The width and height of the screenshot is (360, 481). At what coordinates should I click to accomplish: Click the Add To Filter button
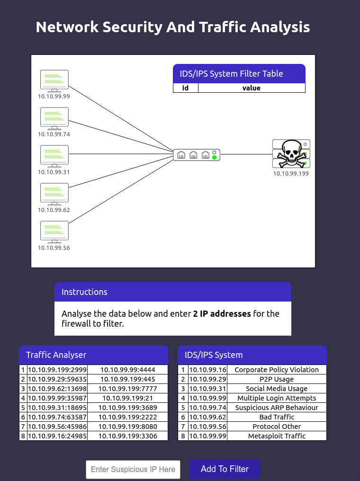[225, 469]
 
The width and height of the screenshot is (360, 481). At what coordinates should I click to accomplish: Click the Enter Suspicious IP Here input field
[133, 470]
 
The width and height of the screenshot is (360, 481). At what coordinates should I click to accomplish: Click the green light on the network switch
[215, 157]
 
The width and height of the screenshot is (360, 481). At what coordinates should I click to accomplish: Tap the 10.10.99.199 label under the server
[291, 174]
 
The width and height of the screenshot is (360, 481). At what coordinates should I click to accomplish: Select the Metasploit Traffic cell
[277, 436]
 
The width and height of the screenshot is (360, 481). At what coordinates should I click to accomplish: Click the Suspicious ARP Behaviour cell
[277, 408]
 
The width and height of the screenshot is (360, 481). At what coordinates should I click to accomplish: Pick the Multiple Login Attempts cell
[277, 398]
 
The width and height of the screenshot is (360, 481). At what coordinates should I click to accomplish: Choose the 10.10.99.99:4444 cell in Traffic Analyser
[127, 370]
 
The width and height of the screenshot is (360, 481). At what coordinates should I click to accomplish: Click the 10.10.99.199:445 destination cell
[127, 379]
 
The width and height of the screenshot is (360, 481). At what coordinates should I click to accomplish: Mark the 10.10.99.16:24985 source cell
[57, 436]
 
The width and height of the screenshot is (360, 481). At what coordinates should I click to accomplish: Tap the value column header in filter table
[252, 88]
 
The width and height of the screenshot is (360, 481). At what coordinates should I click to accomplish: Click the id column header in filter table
[186, 88]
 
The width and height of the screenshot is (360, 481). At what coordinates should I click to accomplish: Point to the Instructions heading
[84, 292]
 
